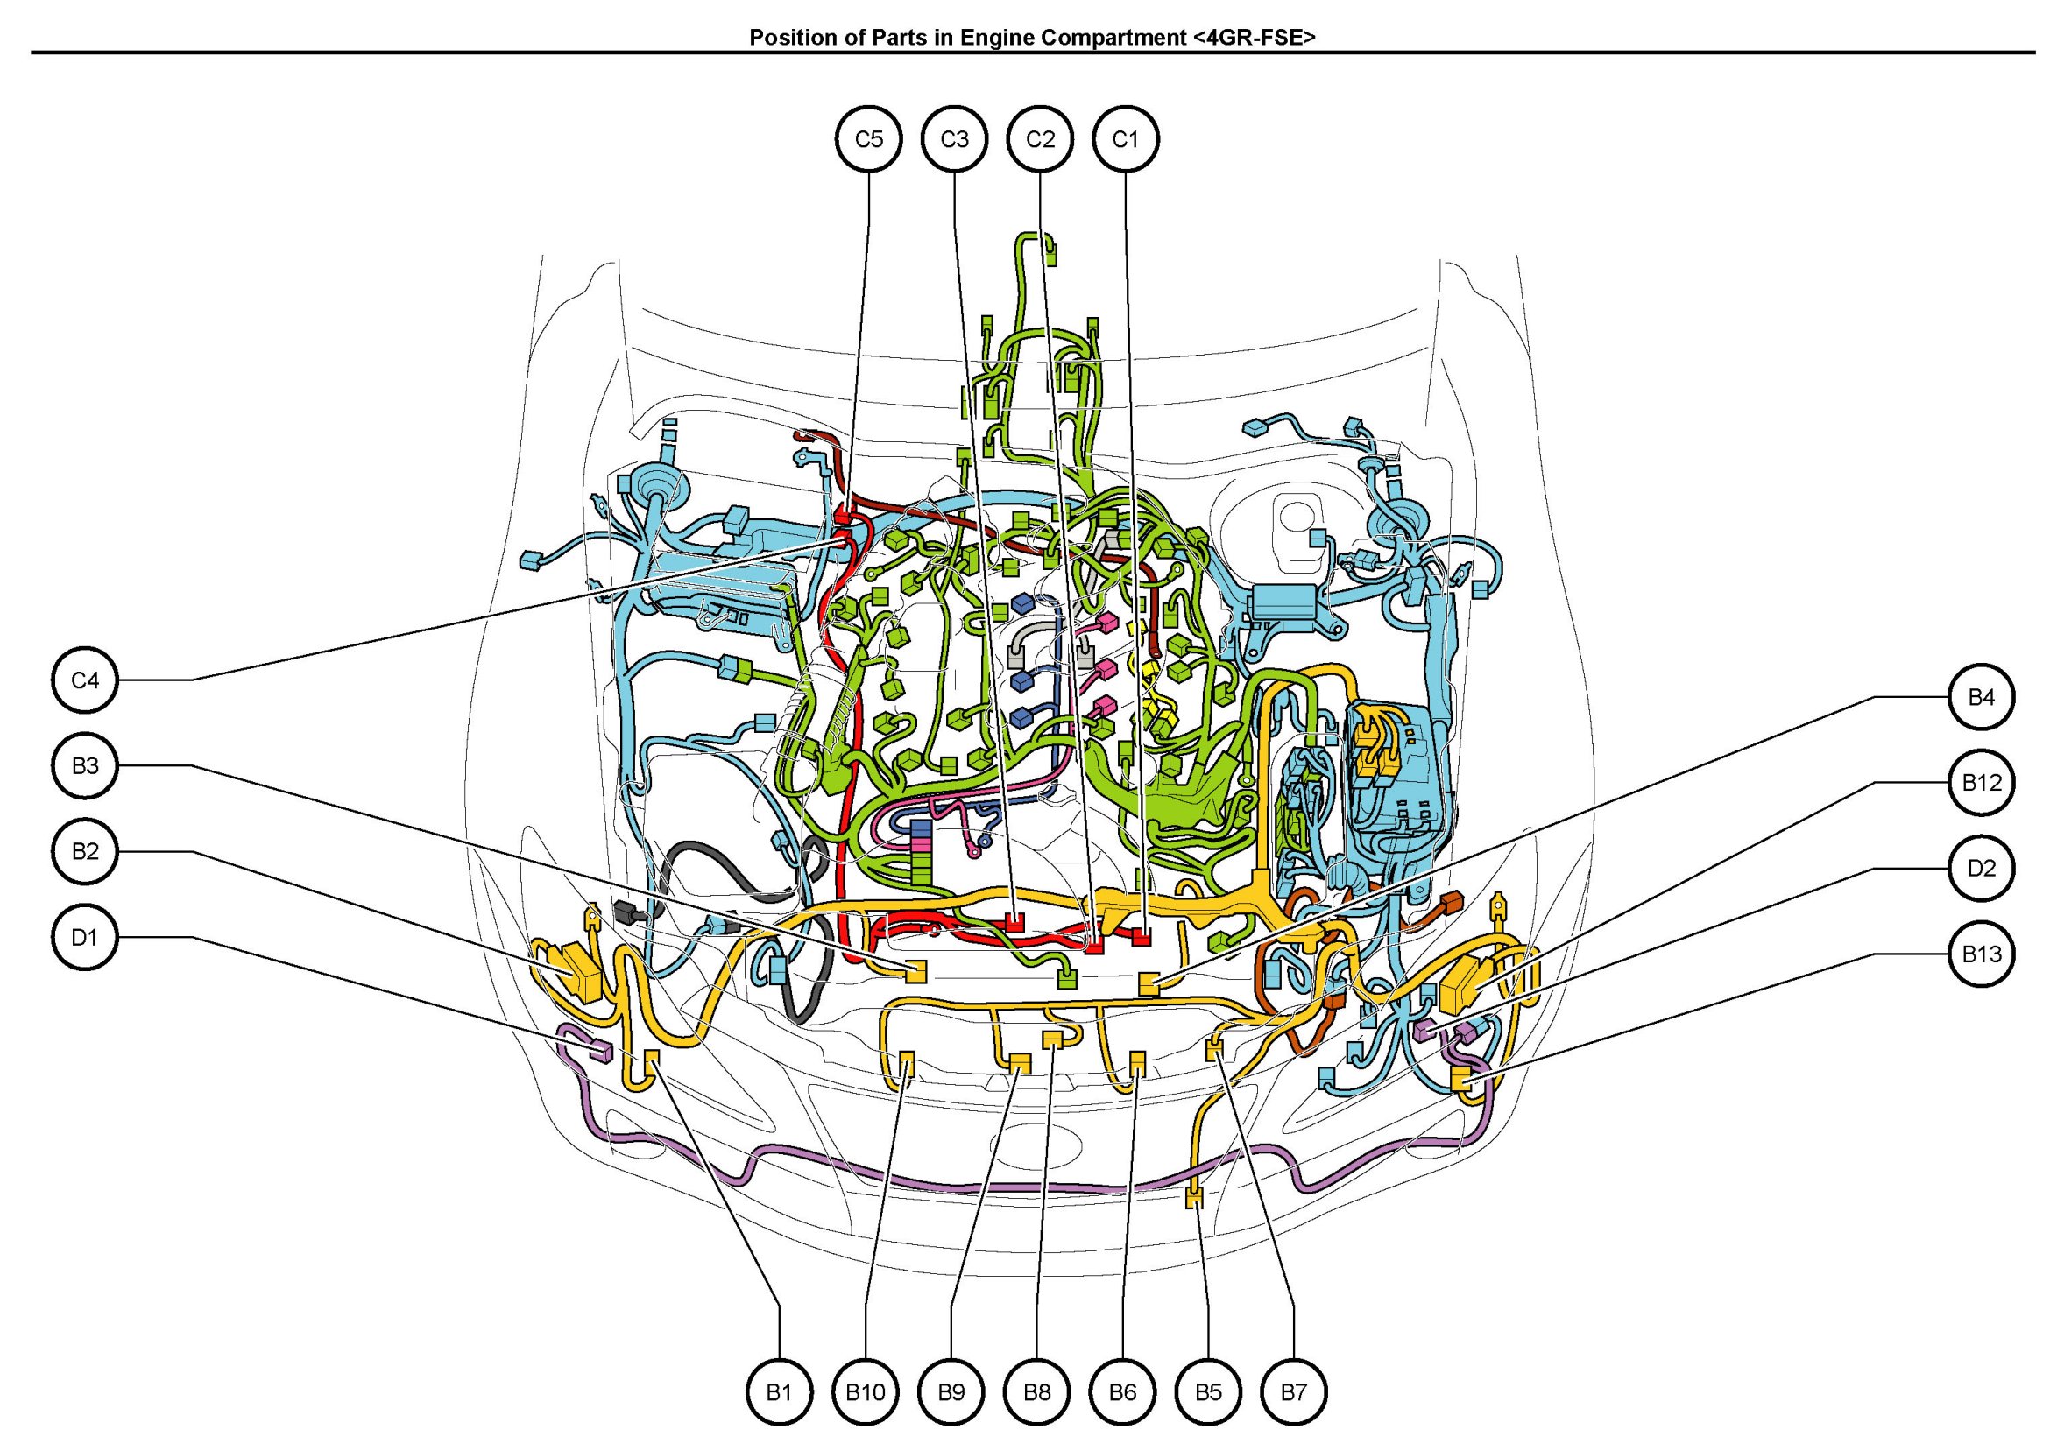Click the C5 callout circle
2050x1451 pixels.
tap(868, 139)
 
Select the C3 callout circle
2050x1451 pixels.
tap(954, 139)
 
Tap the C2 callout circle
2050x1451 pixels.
tap(1040, 139)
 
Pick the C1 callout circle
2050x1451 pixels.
tap(1126, 139)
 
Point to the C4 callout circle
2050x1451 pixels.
tap(85, 680)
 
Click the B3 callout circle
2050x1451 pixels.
tap(85, 765)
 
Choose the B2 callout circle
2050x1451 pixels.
tap(85, 851)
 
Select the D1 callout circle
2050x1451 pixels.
tap(85, 937)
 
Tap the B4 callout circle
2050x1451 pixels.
tap(1981, 697)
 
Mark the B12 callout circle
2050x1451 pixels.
tap(1981, 783)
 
